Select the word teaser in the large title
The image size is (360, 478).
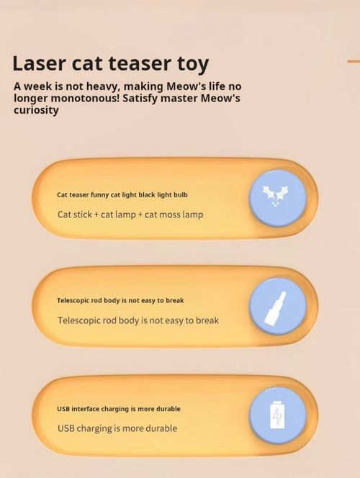coord(135,63)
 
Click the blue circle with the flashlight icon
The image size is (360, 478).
coord(278,306)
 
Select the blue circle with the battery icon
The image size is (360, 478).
coord(278,415)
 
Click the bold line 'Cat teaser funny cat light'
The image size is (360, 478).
coord(122,194)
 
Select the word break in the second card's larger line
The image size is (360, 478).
coord(206,320)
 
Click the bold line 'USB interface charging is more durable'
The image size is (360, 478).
coord(119,409)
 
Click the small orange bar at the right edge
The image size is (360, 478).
coord(354,61)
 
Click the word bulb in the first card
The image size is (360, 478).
coord(180,194)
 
